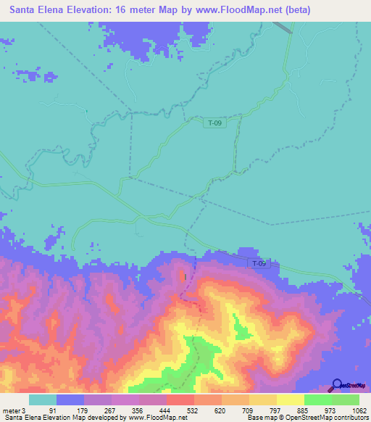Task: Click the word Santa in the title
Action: tap(25, 11)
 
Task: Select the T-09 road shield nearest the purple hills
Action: tap(259, 263)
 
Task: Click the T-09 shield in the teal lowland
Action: tap(214, 123)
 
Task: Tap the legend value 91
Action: tap(52, 410)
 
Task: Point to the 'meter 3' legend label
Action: tap(14, 410)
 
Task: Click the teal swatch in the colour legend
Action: tap(43, 400)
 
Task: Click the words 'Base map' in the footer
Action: tap(259, 418)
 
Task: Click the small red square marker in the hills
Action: tap(186, 276)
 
